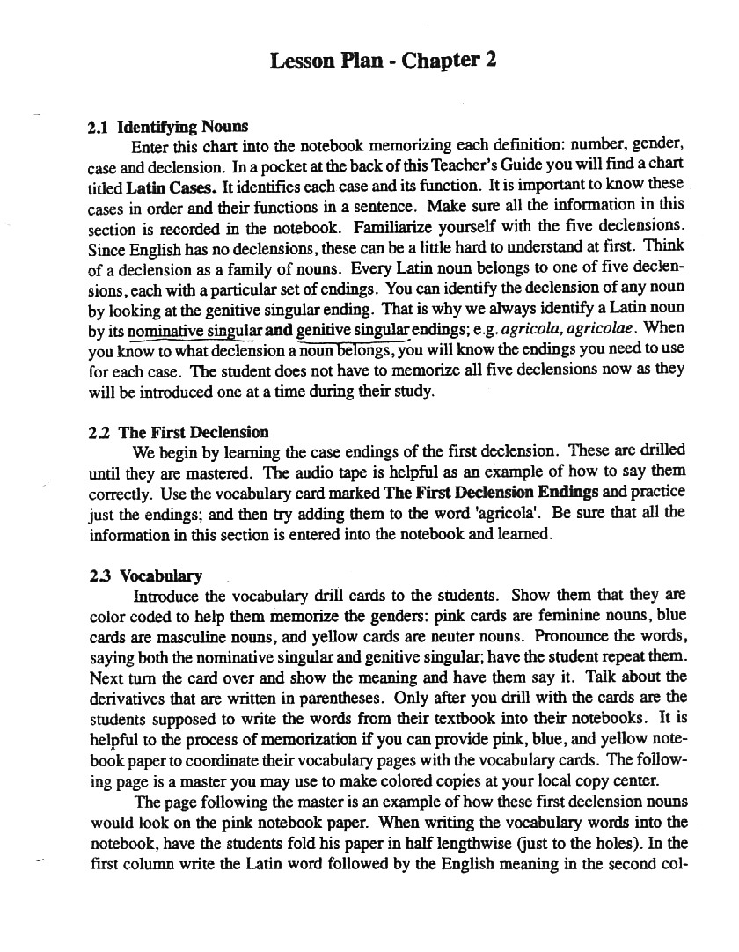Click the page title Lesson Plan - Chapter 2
point(383,61)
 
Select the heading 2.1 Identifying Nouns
point(169,127)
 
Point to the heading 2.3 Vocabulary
point(146,576)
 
